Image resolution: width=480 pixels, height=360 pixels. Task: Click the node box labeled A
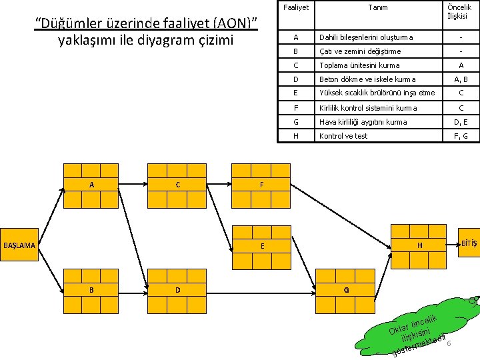tap(91, 185)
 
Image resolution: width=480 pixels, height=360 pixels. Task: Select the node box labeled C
tap(177, 185)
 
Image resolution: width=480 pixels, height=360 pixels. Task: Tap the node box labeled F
tap(261, 185)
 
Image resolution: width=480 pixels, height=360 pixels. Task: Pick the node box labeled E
tap(261, 245)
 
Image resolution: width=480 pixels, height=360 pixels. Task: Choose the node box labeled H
tap(419, 245)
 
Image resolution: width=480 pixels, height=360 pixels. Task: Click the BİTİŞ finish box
tap(469, 243)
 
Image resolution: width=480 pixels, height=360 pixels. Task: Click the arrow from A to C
tap(133, 185)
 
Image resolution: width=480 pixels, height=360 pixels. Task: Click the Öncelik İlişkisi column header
tap(461, 11)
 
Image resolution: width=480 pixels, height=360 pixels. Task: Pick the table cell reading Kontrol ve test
tap(343, 136)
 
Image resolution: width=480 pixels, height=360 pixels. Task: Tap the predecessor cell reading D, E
tap(461, 122)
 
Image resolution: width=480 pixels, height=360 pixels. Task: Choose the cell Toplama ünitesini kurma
tap(359, 65)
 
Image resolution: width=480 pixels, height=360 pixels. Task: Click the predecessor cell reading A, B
tap(461, 79)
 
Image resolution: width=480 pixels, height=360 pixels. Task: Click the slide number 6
tap(449, 325)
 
